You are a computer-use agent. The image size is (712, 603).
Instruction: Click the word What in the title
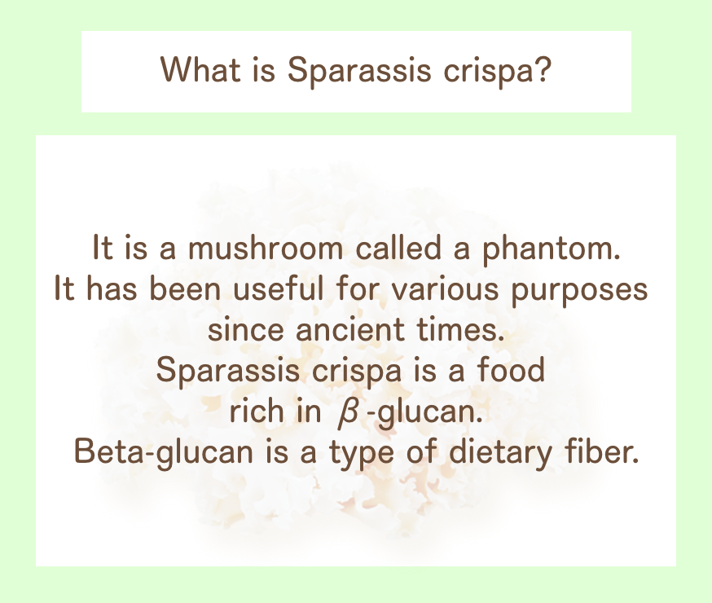200,70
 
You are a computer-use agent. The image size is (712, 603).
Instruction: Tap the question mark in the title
543,69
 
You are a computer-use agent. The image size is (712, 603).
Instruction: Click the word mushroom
266,248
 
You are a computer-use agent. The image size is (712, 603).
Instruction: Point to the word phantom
551,249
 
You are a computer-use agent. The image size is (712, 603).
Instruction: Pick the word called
398,248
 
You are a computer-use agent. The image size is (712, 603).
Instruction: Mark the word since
246,330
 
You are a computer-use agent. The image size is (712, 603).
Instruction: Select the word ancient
350,330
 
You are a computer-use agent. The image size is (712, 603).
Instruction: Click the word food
511,370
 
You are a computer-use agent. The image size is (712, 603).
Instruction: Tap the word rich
255,411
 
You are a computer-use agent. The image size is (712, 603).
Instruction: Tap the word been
185,288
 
